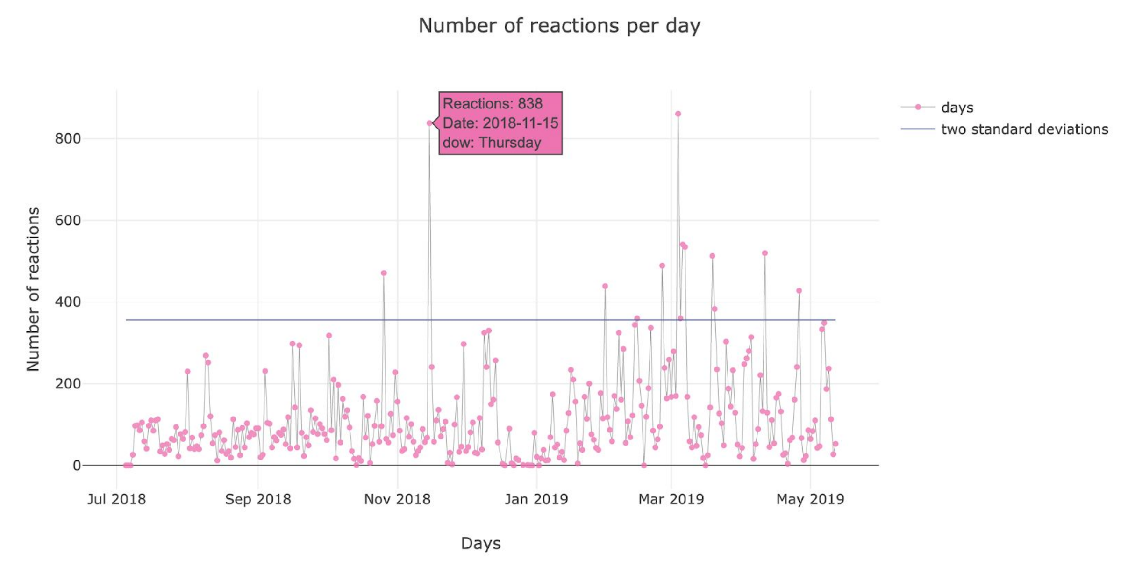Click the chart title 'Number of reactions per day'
(x=559, y=26)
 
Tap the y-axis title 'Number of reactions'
(x=33, y=289)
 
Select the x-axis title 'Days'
(x=480, y=543)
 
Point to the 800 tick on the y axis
(x=68, y=138)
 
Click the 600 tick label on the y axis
(x=68, y=220)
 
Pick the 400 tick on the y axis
(x=68, y=302)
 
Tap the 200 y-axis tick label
(x=68, y=384)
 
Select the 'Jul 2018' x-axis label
(x=116, y=499)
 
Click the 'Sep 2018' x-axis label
(x=258, y=499)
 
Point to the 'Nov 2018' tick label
(x=397, y=499)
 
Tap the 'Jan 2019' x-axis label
(x=536, y=499)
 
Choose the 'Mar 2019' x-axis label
(x=671, y=499)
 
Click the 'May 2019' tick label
(x=810, y=499)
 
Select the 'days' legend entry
(x=957, y=108)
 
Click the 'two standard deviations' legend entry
(x=1024, y=129)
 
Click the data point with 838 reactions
(x=429, y=123)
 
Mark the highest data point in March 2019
(x=678, y=114)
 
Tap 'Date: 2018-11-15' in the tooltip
(x=500, y=123)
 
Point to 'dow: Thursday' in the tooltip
(x=492, y=143)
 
